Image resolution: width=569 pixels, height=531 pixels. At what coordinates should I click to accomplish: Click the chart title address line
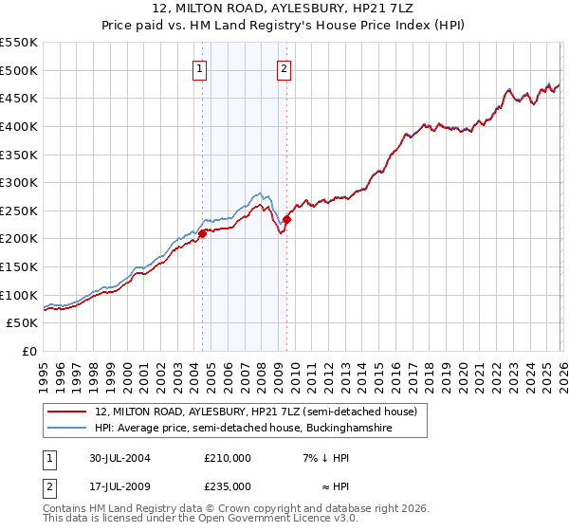(x=284, y=9)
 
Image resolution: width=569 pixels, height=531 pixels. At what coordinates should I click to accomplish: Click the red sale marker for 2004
(x=202, y=233)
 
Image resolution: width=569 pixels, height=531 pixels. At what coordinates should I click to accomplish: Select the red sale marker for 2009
(x=285, y=220)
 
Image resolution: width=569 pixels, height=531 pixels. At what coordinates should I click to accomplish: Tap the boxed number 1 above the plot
(x=200, y=67)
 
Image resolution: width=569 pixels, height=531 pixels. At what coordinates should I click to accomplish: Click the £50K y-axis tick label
(x=22, y=323)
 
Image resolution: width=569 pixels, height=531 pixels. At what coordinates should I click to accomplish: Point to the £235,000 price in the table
(x=228, y=486)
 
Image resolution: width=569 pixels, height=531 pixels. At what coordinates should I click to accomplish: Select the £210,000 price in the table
(x=228, y=458)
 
